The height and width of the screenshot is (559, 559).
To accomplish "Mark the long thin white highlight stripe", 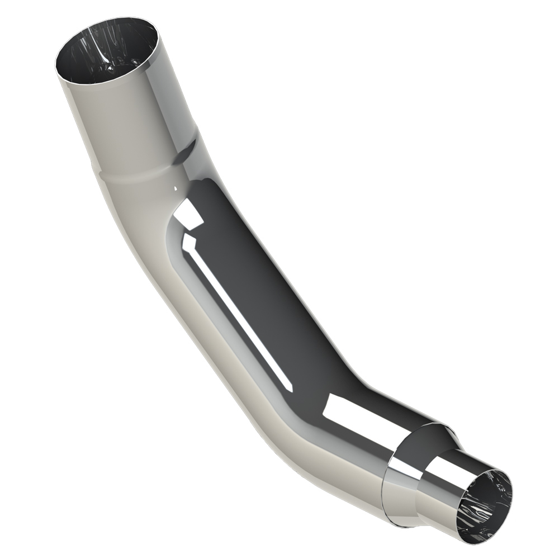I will click(x=240, y=313).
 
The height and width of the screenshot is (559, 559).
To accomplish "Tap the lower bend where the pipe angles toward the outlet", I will click(x=313, y=425).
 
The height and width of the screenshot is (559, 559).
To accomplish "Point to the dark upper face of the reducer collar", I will click(x=430, y=439).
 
